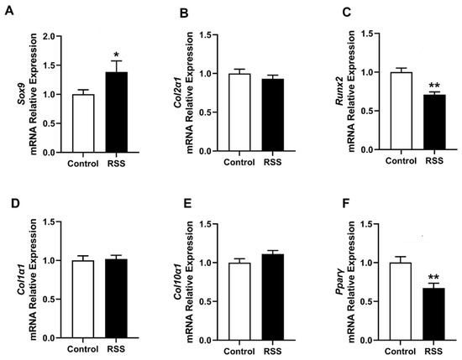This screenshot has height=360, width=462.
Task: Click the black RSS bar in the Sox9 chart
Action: (117, 112)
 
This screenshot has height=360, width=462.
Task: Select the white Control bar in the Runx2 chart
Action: (401, 111)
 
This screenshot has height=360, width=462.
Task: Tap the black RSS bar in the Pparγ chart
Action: (433, 315)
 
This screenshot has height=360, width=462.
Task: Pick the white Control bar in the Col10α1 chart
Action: (239, 302)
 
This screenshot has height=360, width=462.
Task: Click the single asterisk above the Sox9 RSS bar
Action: (117, 55)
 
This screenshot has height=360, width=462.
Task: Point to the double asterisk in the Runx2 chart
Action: (434, 86)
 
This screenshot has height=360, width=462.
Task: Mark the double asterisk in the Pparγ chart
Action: (433, 277)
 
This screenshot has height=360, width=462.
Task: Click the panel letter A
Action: (9, 12)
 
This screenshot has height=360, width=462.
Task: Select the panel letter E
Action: (186, 203)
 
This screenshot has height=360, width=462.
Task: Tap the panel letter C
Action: (347, 13)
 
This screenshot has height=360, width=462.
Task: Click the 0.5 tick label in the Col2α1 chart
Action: (205, 112)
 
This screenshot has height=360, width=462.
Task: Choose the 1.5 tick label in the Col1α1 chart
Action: (50, 222)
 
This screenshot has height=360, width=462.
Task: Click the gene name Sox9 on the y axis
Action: (21, 93)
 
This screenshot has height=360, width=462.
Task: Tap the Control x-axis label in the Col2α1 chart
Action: (239, 162)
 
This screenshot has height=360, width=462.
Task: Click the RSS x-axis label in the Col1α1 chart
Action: (116, 349)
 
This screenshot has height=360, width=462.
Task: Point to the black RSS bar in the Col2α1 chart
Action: (273, 115)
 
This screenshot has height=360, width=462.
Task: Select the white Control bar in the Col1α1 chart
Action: (83, 300)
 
